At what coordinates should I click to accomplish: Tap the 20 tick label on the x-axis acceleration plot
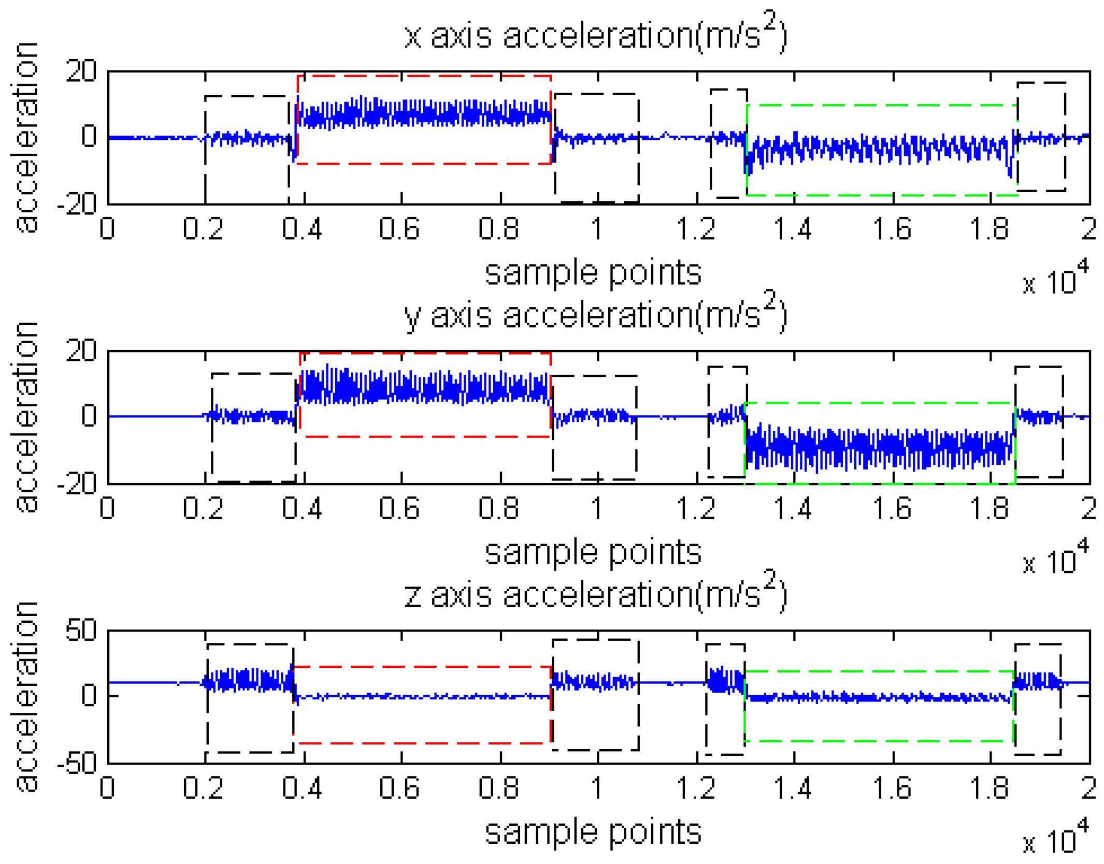tap(81, 71)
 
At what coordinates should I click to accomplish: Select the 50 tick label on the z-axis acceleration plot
tap(81, 631)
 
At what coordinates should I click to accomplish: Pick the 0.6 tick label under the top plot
tap(399, 229)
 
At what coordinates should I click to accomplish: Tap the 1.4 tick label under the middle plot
tap(793, 508)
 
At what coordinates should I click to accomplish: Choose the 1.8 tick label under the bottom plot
tap(989, 788)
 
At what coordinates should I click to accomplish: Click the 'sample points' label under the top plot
tap(593, 273)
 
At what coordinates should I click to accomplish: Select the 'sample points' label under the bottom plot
tap(593, 832)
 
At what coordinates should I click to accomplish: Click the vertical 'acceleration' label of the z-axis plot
tap(26, 696)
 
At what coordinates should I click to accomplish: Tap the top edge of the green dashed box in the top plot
tap(881, 106)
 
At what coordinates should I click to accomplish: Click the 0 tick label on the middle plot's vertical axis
tap(89, 416)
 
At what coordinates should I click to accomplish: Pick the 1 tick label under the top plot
tap(597, 229)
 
